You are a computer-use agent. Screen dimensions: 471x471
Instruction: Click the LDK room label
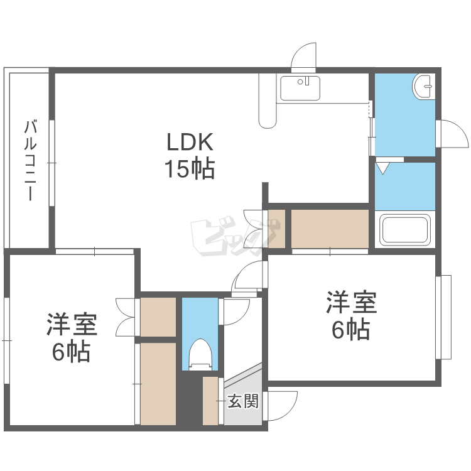tap(190, 143)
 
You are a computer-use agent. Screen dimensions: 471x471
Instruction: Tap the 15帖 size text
tap(190, 169)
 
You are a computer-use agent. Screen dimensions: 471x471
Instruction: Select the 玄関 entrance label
tap(242, 401)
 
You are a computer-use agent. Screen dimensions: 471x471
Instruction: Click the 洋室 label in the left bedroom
tap(71, 325)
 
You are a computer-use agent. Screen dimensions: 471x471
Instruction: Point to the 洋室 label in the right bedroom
tap(350, 303)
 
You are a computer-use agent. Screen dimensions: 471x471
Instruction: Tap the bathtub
tap(405, 230)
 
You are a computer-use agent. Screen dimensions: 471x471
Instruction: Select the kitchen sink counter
tap(300, 88)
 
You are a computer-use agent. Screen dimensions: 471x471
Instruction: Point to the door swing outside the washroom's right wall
tap(451, 133)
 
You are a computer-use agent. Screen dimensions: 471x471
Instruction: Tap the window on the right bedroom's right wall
tap(445, 317)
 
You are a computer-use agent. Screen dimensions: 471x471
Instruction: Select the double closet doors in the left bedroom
tap(126, 317)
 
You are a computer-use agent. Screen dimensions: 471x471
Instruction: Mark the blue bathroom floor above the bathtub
tap(405, 186)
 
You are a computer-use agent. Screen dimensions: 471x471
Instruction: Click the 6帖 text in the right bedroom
tap(350, 329)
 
